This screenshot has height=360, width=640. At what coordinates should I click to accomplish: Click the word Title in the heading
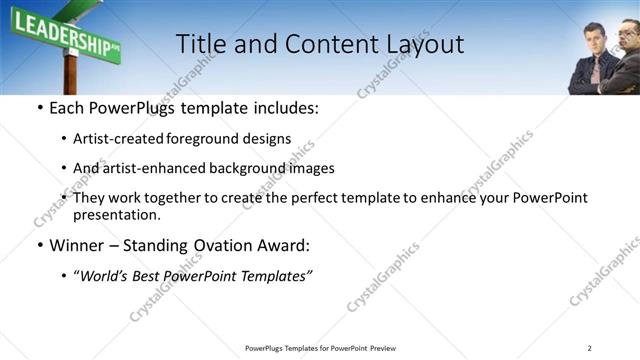coord(200,44)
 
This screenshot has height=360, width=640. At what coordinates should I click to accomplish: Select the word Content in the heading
coord(321,44)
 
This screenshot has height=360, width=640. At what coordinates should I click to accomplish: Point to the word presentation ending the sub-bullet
coord(115,214)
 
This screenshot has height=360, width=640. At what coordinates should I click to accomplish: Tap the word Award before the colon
coord(282,245)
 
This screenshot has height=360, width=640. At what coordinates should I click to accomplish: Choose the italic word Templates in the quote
coord(277,275)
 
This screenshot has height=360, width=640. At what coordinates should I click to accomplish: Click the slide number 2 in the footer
coord(589,348)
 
